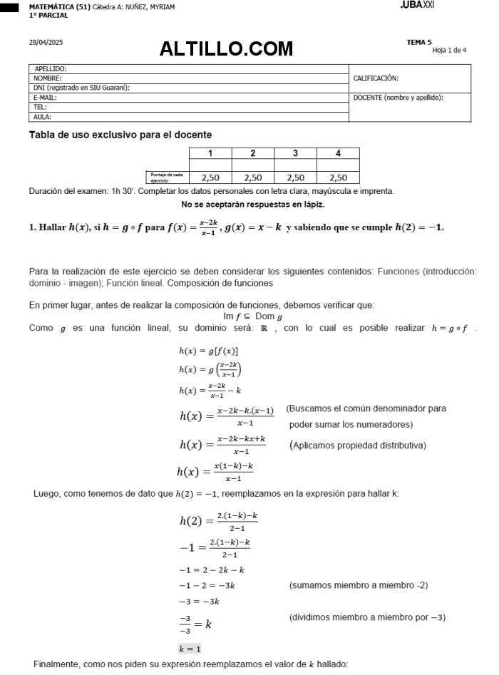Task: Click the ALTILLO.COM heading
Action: tap(226, 48)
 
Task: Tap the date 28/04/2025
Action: tap(46, 43)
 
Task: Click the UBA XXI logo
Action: tap(417, 5)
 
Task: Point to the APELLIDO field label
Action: tap(51, 68)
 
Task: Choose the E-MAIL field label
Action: tap(45, 98)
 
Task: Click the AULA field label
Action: tap(42, 117)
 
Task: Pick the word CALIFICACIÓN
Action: tap(376, 78)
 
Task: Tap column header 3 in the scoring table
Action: tap(295, 153)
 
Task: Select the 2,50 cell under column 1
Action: tap(210, 177)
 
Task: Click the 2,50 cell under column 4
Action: tap(338, 177)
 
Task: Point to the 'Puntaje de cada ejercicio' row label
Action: tap(166, 177)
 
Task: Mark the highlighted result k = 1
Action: tap(190, 649)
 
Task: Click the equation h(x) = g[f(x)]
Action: tap(208, 351)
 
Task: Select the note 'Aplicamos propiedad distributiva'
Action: tap(358, 445)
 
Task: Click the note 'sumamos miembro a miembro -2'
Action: tap(358, 585)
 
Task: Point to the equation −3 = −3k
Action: tap(199, 601)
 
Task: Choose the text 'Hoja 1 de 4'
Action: tap(449, 50)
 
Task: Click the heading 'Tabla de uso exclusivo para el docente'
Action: tap(120, 135)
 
